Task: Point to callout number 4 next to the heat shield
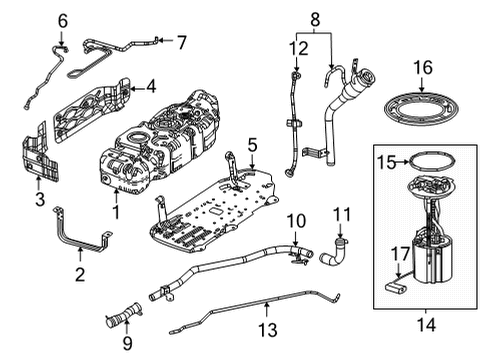coord(150,88)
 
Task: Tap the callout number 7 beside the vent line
coord(181,42)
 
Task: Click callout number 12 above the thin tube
coord(296,47)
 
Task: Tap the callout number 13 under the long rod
coord(265,329)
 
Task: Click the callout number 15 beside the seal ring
coord(381,161)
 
